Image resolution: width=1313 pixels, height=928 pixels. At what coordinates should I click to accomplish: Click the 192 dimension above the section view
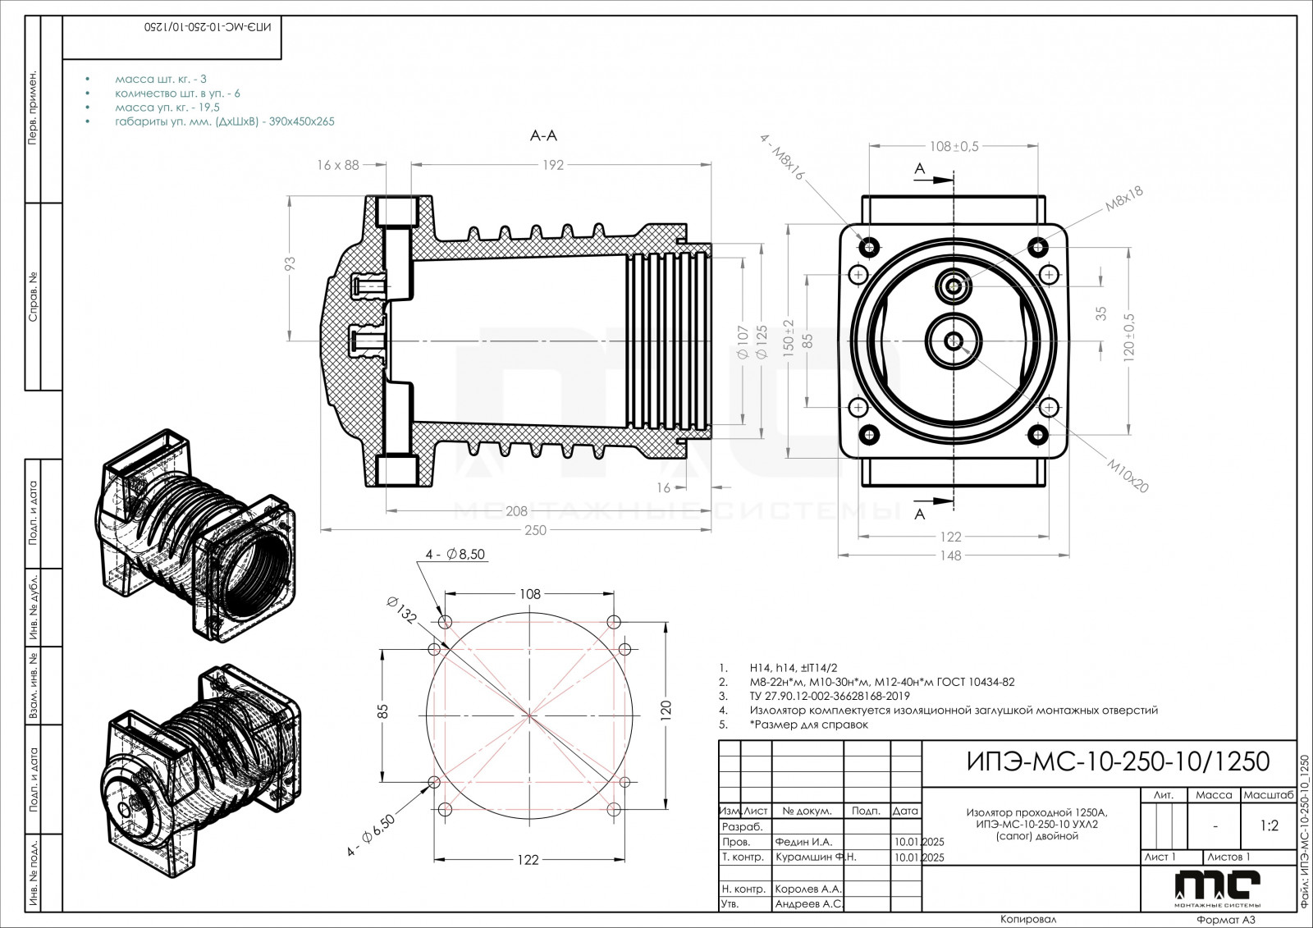point(552,165)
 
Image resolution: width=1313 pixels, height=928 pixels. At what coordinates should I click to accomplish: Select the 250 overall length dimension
point(535,530)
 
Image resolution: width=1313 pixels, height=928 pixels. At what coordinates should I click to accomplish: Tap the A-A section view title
point(543,136)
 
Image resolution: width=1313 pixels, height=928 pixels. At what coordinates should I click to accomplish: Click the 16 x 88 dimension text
point(338,165)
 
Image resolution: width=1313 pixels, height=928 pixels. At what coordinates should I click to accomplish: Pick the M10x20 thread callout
point(1128,475)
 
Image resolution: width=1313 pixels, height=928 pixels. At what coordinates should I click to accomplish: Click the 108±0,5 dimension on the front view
point(954,147)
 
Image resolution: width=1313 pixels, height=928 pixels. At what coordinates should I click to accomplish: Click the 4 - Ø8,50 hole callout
point(455,555)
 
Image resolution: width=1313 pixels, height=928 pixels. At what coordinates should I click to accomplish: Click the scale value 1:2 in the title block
point(1269,826)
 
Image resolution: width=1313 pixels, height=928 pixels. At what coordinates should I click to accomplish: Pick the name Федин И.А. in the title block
point(803,842)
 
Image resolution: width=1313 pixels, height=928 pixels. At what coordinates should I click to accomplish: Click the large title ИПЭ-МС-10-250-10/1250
point(1114,761)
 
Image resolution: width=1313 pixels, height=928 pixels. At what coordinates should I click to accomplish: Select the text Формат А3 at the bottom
point(1226,920)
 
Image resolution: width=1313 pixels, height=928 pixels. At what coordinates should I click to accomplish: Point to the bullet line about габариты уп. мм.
point(224,121)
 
